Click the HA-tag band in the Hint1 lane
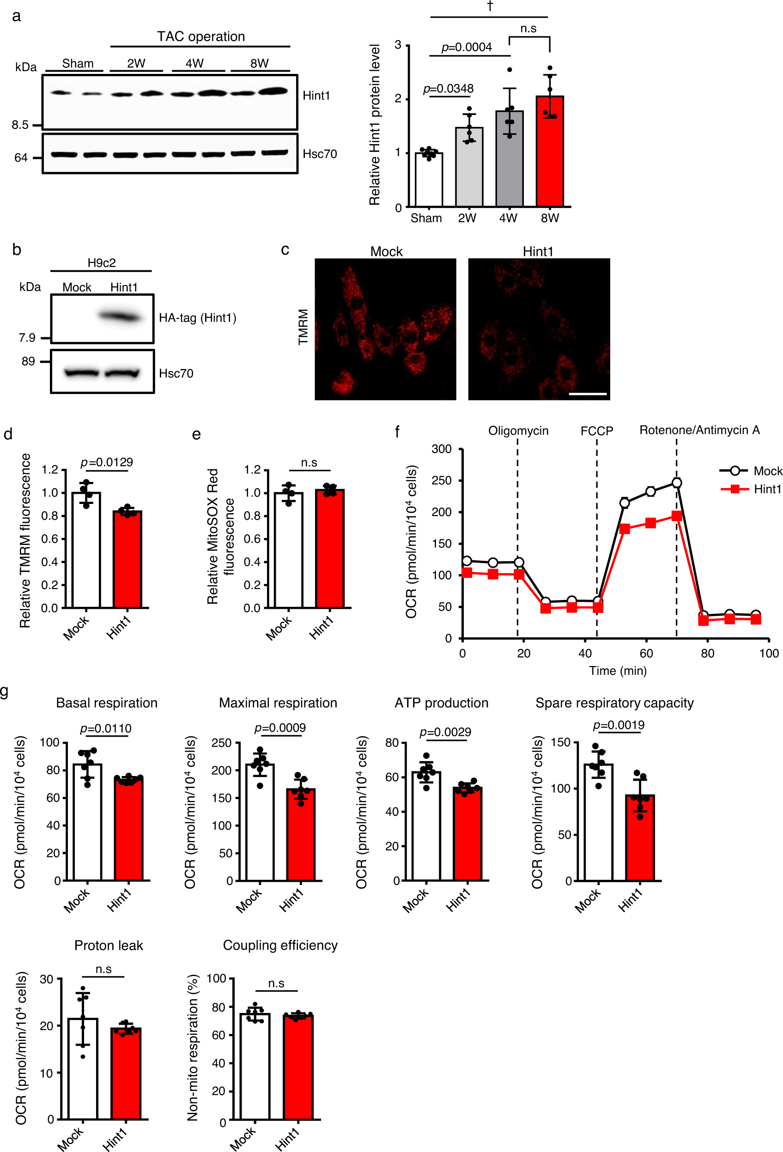tap(121, 316)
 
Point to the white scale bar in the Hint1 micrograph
tap(588, 394)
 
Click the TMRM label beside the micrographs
tap(303, 327)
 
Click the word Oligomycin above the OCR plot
tap(518, 430)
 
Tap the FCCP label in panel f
tap(596, 430)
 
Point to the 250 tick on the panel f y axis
tap(441, 480)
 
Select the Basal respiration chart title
tap(107, 703)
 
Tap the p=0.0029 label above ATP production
tap(445, 732)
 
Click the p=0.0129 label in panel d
tap(107, 462)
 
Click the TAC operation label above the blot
tap(201, 36)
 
